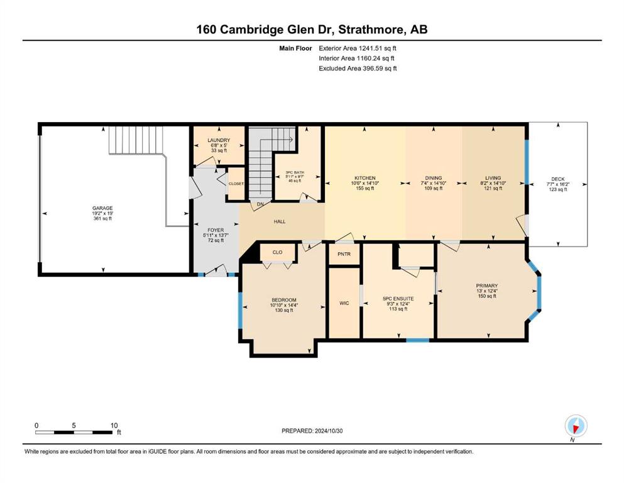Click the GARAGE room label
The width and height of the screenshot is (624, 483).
click(102, 208)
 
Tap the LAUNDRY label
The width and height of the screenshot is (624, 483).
click(219, 140)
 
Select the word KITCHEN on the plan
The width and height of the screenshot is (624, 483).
click(365, 178)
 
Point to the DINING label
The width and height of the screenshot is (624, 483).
click(434, 178)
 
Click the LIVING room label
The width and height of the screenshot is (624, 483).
click(493, 178)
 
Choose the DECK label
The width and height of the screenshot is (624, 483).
click(558, 179)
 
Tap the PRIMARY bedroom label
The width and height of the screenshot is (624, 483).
click(487, 286)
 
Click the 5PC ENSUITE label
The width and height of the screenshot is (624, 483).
click(398, 298)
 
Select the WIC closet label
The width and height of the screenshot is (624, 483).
click(344, 303)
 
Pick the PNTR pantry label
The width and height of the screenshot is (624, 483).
click(344, 253)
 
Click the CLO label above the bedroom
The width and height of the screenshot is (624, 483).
click(277, 252)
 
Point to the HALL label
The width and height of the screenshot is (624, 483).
click(280, 221)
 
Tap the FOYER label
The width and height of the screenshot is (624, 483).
click(216, 230)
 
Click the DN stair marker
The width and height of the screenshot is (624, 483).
click(260, 204)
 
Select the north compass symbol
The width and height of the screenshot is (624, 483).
click(576, 426)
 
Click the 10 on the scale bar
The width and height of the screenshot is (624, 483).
click(114, 425)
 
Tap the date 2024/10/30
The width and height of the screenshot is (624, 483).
click(329, 431)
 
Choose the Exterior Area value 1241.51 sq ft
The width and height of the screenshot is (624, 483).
click(378, 48)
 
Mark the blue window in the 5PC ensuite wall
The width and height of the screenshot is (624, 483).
click(418, 340)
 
